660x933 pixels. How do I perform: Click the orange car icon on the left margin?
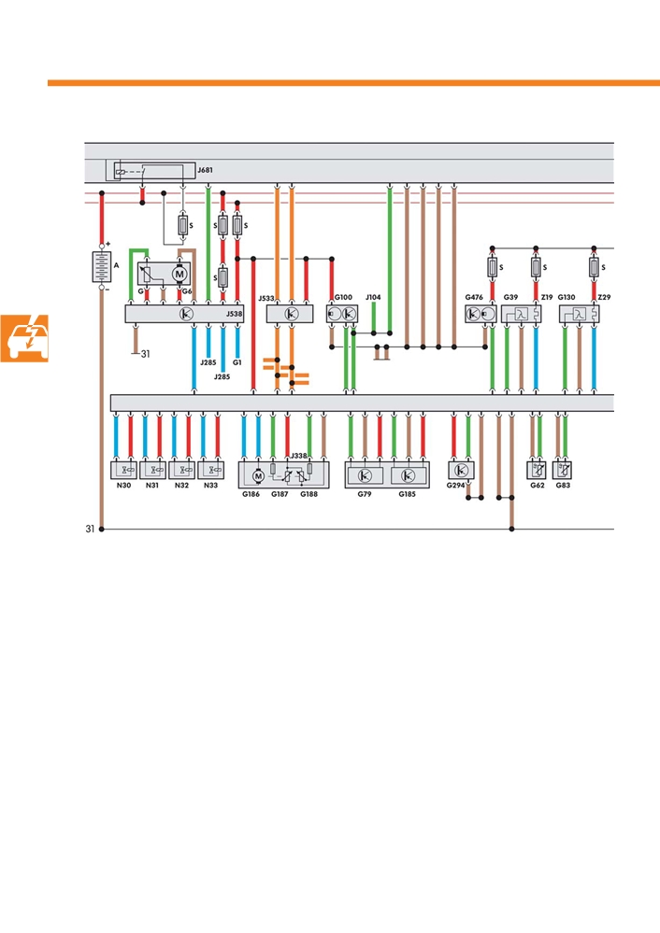pyautogui.click(x=24, y=338)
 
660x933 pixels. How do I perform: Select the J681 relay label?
pyautogui.click(x=205, y=170)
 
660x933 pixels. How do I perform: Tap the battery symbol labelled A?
pyautogui.click(x=102, y=266)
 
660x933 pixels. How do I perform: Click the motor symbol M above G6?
pyautogui.click(x=179, y=274)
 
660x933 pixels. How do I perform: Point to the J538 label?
pyautogui.click(x=234, y=314)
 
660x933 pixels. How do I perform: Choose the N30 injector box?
pyautogui.click(x=124, y=470)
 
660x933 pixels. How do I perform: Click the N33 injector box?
pyautogui.click(x=211, y=470)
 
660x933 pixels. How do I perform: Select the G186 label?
pyautogui.click(x=251, y=494)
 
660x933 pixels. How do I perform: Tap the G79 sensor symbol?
pyautogui.click(x=366, y=475)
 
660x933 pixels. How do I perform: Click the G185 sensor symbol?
pyautogui.click(x=408, y=475)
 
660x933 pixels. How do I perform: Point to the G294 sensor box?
pyautogui.click(x=461, y=471)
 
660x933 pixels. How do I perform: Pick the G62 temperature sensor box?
pyautogui.click(x=537, y=471)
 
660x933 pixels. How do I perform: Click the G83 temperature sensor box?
pyautogui.click(x=563, y=471)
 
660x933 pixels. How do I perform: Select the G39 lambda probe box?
pyautogui.click(x=521, y=314)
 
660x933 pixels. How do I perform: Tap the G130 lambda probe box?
pyautogui.click(x=579, y=314)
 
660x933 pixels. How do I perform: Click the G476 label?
pyautogui.click(x=474, y=297)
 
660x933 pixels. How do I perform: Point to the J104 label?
pyautogui.click(x=373, y=297)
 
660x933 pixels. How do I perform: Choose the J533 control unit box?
pyautogui.click(x=290, y=314)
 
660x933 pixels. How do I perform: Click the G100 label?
pyautogui.click(x=343, y=297)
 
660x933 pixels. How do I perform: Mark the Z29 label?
pyautogui.click(x=604, y=297)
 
